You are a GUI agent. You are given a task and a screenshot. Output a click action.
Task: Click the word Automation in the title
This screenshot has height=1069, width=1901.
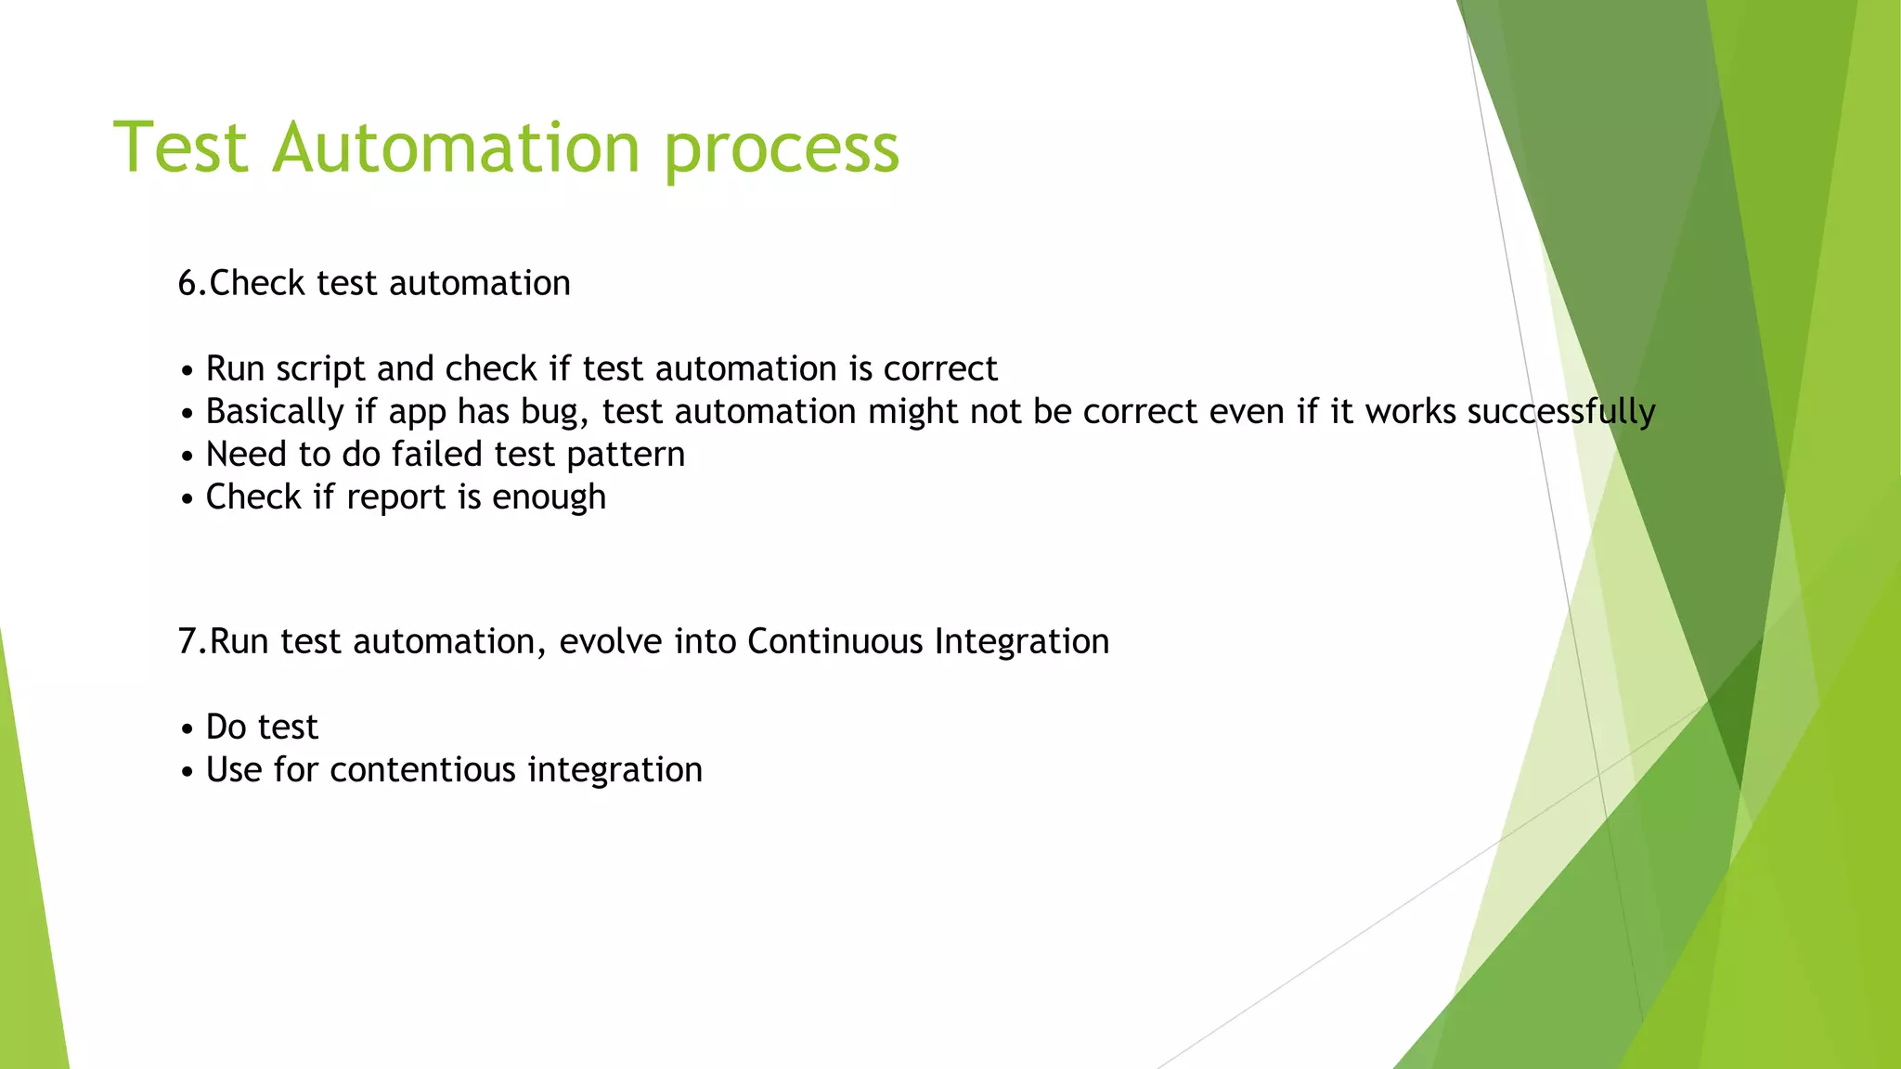point(456,148)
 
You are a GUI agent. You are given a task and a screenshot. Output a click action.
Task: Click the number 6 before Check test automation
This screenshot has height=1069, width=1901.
point(188,283)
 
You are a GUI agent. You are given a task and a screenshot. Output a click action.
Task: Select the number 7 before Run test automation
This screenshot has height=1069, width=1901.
point(188,641)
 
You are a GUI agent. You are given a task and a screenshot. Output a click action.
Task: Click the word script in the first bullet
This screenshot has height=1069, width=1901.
point(320,369)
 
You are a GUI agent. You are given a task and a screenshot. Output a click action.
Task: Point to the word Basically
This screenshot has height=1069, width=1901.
point(275,412)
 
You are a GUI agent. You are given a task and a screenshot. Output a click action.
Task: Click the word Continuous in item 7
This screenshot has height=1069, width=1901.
point(834,641)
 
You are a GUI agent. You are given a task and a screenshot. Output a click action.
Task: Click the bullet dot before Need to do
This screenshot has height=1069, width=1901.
point(188,457)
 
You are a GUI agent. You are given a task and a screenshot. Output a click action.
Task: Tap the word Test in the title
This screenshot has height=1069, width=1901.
point(181,148)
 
